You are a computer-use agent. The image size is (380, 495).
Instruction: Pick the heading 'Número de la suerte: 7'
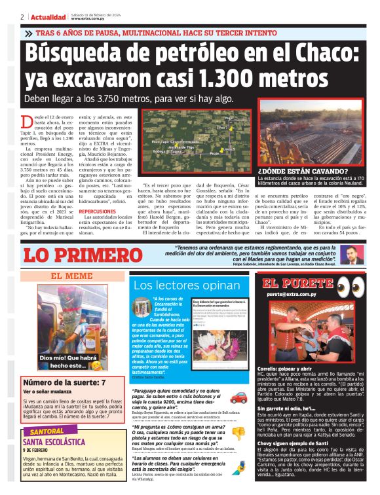click(64, 382)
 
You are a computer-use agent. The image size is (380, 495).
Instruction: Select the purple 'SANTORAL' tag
click(47, 433)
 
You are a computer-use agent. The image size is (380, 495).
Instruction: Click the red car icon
click(238, 396)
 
